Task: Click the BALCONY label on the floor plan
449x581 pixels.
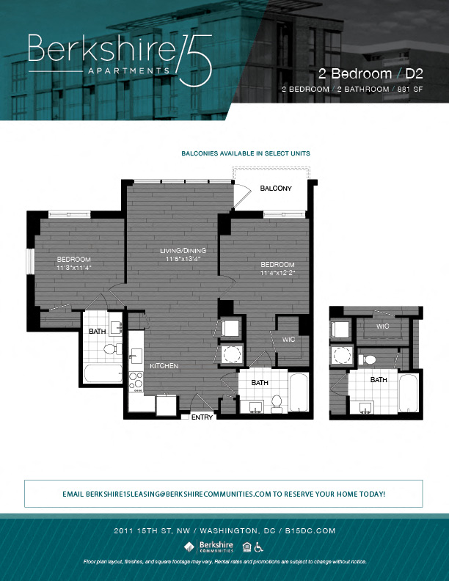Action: point(276,189)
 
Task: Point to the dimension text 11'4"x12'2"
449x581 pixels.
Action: point(277,273)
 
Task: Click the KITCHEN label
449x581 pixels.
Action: point(164,365)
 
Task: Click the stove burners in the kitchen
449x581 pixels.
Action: point(136,381)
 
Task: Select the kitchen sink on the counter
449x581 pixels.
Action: point(134,357)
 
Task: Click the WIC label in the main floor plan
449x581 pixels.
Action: point(288,339)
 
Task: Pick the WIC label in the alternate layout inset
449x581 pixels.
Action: point(382,326)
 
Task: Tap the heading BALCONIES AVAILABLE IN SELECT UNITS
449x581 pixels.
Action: point(245,153)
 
